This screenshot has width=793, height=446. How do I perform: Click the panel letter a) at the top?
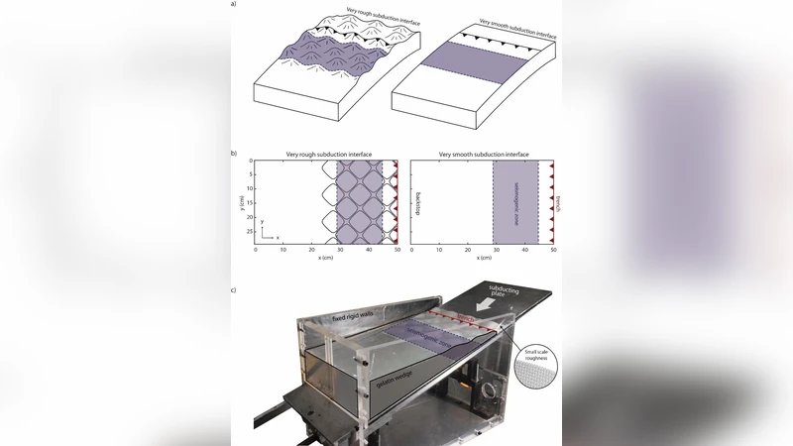tap(233, 5)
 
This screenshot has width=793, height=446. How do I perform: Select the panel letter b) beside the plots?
tap(233, 155)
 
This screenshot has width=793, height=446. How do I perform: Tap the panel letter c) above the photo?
tap(233, 289)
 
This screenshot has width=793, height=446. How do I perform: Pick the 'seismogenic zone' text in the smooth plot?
tap(515, 202)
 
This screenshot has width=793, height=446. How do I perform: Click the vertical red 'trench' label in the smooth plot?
tap(558, 202)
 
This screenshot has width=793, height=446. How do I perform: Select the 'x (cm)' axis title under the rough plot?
tap(326, 258)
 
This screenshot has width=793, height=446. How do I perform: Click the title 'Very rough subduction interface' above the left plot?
tap(327, 156)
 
